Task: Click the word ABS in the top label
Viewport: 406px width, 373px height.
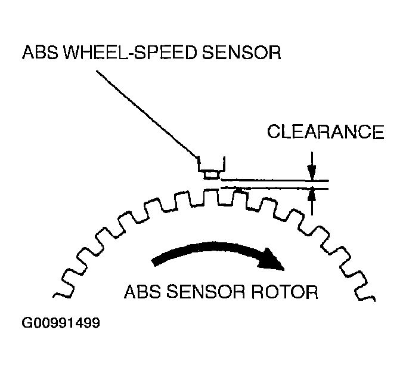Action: point(40,53)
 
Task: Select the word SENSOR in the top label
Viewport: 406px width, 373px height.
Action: point(241,53)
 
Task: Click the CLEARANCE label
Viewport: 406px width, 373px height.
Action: point(326,132)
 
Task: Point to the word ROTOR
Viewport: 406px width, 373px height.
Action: point(284,292)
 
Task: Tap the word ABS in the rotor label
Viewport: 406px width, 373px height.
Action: point(142,292)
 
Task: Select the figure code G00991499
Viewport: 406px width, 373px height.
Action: point(61,323)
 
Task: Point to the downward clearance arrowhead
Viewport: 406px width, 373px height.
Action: point(312,172)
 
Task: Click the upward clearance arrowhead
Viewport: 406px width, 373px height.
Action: point(312,195)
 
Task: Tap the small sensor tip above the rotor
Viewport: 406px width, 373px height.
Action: point(212,175)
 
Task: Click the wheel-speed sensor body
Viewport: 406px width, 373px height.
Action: point(211,168)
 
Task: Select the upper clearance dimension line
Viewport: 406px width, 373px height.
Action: point(274,180)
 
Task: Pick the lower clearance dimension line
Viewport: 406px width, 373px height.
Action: point(274,187)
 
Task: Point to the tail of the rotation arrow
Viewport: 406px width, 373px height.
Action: point(155,262)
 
